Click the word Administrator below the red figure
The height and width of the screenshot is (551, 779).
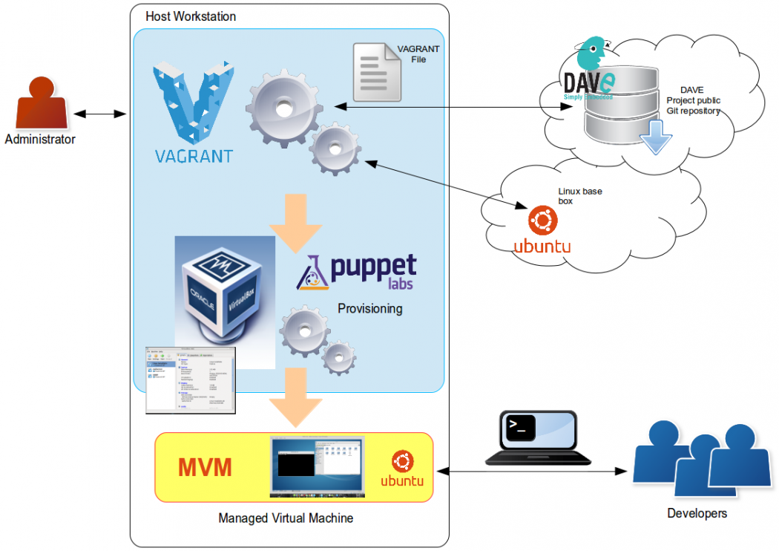point(40,140)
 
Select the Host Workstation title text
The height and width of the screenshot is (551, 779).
point(191,16)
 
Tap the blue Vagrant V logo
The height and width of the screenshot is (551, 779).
point(194,101)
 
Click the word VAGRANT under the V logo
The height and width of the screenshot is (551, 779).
point(194,157)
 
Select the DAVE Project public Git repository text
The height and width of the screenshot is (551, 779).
point(693,101)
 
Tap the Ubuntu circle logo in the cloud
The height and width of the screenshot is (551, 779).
point(542,221)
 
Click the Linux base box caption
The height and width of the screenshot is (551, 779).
point(579,196)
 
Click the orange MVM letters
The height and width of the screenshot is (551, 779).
point(205,468)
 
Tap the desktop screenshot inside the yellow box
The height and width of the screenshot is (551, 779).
point(317,466)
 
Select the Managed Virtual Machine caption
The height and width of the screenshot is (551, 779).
point(286,518)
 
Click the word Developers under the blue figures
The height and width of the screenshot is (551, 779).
point(697,513)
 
